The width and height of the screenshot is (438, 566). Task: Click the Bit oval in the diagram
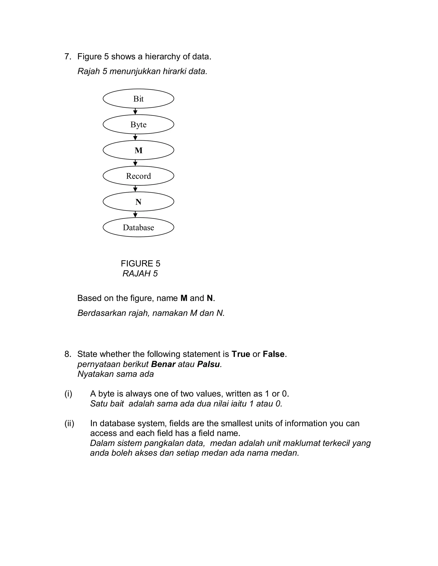(138, 99)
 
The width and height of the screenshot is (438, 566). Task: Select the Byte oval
(138, 124)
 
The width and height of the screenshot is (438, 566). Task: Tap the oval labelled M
(138, 150)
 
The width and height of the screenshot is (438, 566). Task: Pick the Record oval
(138, 176)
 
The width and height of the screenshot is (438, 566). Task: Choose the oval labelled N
(138, 202)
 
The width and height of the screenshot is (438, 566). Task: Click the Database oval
(138, 227)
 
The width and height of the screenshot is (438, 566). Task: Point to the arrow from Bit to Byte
(135, 111)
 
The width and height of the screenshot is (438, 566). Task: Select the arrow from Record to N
(135, 189)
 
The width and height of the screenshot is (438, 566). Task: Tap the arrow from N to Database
(135, 214)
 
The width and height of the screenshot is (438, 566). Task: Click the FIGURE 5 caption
(140, 264)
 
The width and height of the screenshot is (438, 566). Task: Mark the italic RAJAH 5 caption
(140, 274)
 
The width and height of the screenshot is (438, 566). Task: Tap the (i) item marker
(68, 394)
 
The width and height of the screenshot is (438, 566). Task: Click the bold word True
(241, 354)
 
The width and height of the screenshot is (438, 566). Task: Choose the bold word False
(274, 354)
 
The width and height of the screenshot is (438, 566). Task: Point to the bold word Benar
(163, 364)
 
